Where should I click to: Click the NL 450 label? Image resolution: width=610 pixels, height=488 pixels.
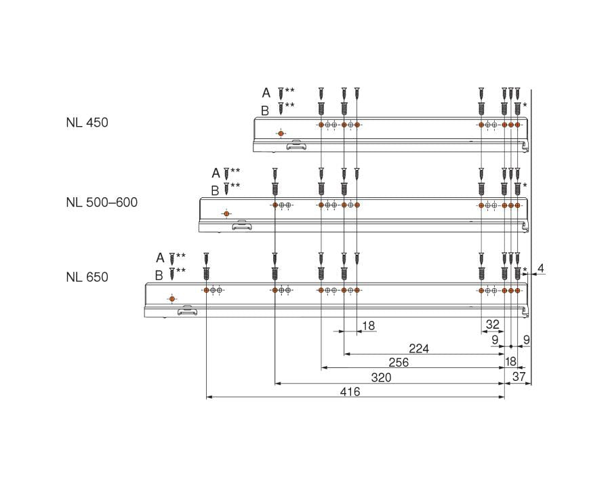(x=87, y=123)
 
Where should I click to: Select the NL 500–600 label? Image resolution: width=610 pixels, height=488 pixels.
(x=102, y=202)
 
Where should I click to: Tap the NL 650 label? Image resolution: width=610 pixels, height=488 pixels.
(x=87, y=277)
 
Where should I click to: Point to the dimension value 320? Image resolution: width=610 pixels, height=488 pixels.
(x=381, y=378)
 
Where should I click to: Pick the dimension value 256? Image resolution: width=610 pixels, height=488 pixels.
(x=398, y=363)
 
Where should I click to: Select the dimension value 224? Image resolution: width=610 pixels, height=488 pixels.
(x=420, y=348)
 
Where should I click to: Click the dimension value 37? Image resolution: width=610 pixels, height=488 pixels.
(x=518, y=378)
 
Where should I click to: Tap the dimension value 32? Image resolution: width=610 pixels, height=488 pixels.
(x=492, y=325)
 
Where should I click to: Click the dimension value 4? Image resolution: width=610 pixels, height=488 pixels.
(x=540, y=269)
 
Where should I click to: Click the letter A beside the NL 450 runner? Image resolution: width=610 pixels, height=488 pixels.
(x=266, y=93)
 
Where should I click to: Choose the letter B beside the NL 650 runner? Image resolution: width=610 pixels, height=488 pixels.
(x=159, y=274)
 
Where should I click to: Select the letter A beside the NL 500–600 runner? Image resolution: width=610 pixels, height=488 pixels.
(x=216, y=174)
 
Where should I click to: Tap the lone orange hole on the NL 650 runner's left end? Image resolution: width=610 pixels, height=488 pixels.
(x=172, y=299)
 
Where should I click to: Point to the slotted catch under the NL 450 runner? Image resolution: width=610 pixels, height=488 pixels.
(x=296, y=145)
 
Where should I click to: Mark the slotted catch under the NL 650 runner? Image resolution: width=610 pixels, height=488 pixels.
(x=186, y=311)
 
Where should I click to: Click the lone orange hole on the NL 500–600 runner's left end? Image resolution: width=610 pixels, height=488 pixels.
(x=226, y=214)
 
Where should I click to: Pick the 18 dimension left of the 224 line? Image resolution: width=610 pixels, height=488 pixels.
(x=368, y=326)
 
